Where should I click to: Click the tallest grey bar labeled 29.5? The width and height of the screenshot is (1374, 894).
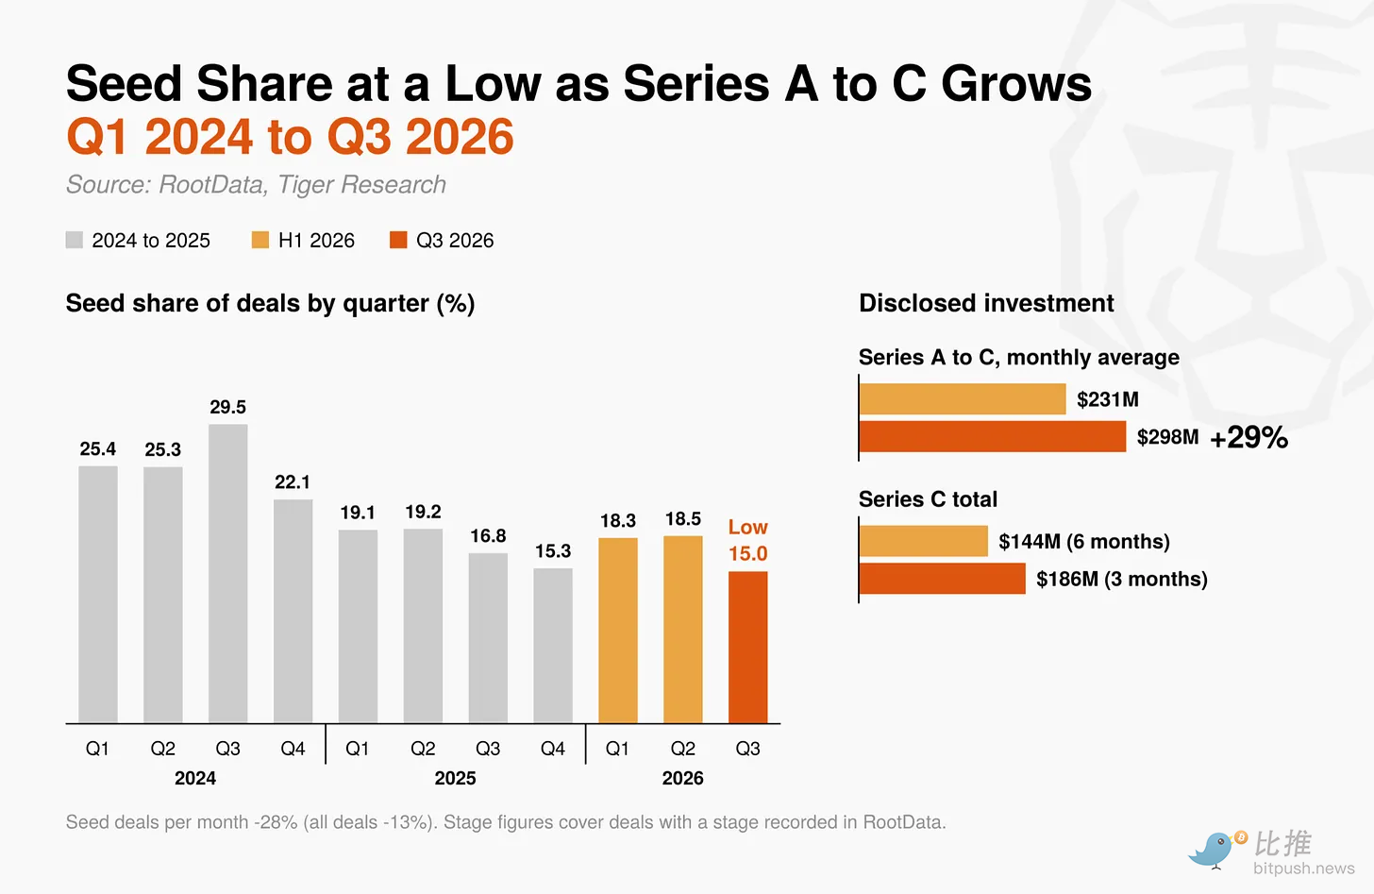tap(227, 573)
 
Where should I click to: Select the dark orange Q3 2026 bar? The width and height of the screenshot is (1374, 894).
tap(747, 647)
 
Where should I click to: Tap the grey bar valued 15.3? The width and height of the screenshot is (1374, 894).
tap(553, 646)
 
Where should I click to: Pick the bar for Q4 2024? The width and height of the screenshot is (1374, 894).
tap(293, 611)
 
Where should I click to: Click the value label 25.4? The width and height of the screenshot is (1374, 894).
tap(97, 449)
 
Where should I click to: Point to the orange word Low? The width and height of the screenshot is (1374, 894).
tap(747, 527)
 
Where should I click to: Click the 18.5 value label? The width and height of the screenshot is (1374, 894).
tap(682, 519)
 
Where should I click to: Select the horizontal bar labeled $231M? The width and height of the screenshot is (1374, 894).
tap(963, 398)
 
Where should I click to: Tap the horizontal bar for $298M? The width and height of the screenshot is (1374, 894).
tap(993, 436)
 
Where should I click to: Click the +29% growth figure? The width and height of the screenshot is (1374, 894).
tap(1248, 437)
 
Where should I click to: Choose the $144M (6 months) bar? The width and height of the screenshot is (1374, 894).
tap(923, 541)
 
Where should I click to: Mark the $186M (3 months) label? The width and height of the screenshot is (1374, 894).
tap(1122, 579)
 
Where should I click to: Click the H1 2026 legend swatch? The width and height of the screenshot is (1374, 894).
tap(260, 240)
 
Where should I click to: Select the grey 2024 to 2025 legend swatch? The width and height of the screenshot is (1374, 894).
tap(75, 240)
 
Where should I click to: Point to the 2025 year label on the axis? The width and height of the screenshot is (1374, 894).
tap(455, 778)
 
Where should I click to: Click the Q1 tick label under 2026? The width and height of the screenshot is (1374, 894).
tap(617, 749)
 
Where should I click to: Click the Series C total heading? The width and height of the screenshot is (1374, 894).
tap(928, 499)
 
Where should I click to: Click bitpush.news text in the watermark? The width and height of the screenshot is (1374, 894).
tap(1304, 869)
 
